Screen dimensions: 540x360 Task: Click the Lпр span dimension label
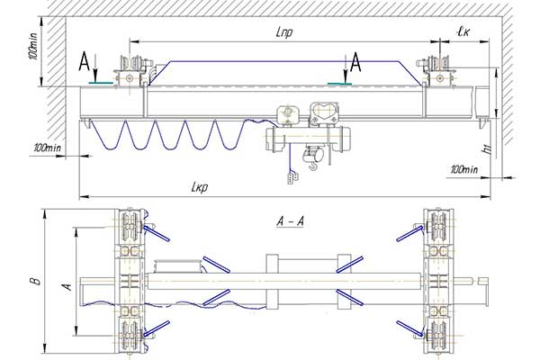tap(284, 32)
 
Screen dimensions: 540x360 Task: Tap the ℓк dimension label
tap(463, 32)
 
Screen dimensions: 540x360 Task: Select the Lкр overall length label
tap(200, 187)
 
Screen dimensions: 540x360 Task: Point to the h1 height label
tap(487, 149)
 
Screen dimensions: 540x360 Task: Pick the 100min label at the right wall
tap(464, 169)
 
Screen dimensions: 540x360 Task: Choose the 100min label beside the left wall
tap(48, 148)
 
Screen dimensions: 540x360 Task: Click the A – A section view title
tap(291, 221)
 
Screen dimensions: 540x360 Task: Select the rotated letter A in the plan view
tap(67, 286)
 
